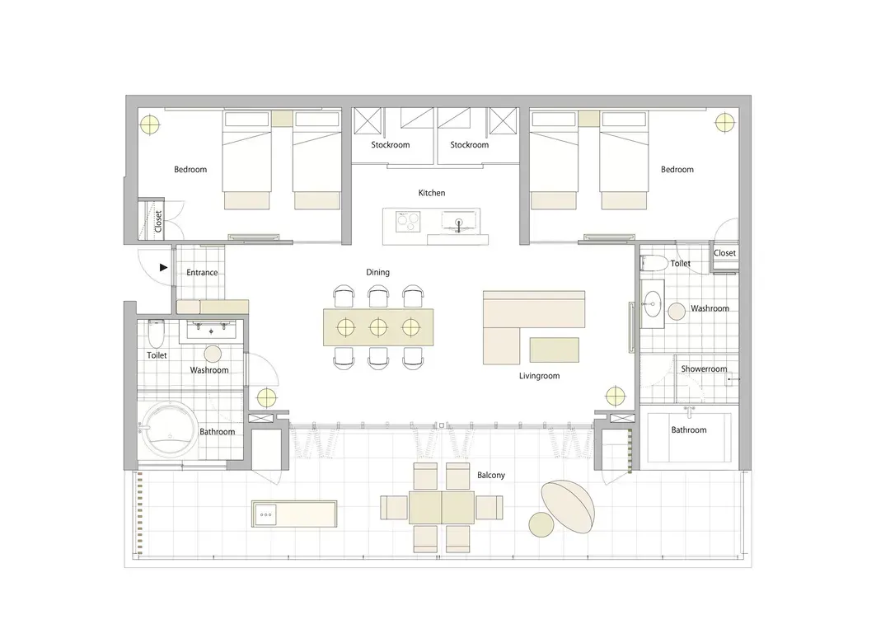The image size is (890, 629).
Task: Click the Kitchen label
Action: [x=431, y=193]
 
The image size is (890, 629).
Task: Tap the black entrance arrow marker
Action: [x=163, y=267]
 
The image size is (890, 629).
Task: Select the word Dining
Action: [x=377, y=273]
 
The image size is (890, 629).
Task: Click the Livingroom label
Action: [x=539, y=376]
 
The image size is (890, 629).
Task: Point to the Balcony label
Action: [x=491, y=475]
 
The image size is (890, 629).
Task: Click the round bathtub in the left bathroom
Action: [x=169, y=430]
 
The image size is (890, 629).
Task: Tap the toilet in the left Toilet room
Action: [x=156, y=335]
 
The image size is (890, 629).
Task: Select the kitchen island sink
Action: [x=459, y=220]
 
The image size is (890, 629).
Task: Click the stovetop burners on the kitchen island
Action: [x=408, y=220]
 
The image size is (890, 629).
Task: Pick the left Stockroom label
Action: [x=391, y=145]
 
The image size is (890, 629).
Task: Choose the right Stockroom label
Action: [x=470, y=145]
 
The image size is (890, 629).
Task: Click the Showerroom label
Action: [x=704, y=369]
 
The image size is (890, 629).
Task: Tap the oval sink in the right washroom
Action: [x=652, y=304]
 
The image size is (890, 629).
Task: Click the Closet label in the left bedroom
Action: [x=158, y=222]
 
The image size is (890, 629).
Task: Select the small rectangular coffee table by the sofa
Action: [x=555, y=350]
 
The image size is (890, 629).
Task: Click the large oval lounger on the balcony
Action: [x=568, y=507]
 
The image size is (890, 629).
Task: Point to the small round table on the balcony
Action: [x=541, y=524]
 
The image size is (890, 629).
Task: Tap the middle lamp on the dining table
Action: [x=378, y=327]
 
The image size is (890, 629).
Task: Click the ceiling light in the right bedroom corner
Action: [x=724, y=123]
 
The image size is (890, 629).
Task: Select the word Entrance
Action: [x=202, y=273]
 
